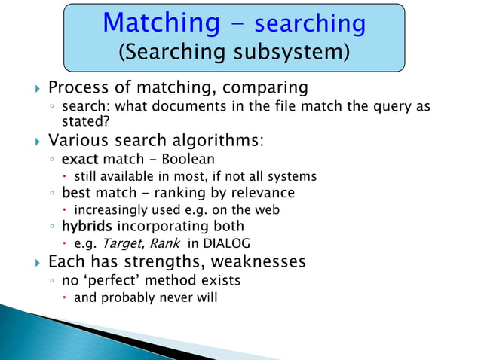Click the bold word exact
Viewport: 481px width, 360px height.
click(x=80, y=160)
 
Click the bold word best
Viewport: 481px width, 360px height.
click(x=77, y=193)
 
